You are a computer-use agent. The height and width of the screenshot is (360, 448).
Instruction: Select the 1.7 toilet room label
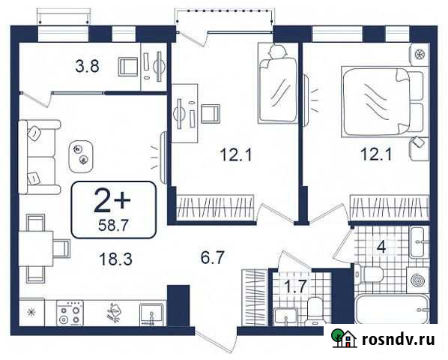pos(294,286)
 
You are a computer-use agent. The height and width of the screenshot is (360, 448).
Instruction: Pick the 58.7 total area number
pos(114,223)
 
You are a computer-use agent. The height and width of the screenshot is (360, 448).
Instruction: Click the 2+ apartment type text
pos(114,200)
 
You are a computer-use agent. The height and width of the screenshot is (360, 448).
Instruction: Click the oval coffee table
pos(81,154)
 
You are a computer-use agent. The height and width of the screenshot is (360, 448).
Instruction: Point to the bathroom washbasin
pos(419,240)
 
